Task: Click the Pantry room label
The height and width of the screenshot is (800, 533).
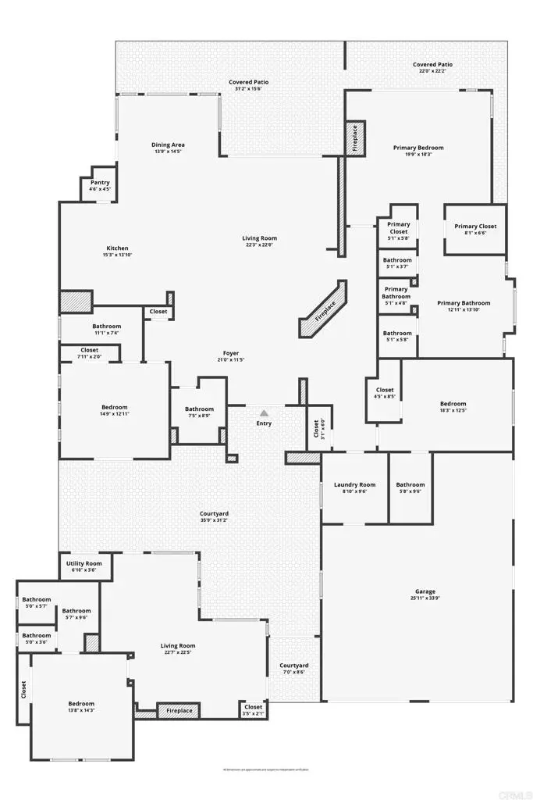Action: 100,182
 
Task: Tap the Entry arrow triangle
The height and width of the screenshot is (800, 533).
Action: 265,412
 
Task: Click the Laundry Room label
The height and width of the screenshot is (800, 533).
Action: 355,484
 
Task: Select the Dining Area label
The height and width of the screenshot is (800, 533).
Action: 168,145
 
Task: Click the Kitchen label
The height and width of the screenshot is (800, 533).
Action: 117,248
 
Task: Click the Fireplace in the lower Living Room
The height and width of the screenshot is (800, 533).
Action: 179,711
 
